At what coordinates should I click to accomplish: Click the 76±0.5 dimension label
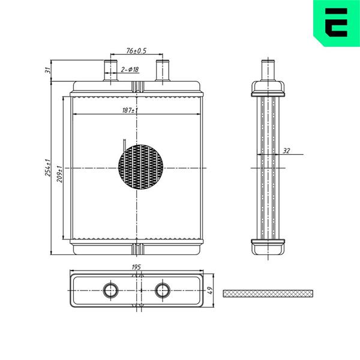[x=136, y=51]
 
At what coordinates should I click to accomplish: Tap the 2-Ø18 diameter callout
[x=130, y=70]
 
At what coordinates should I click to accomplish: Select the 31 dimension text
[x=47, y=70]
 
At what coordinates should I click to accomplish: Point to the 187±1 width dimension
[x=130, y=110]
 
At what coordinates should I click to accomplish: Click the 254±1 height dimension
[x=47, y=167]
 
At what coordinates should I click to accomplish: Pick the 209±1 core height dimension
[x=59, y=174]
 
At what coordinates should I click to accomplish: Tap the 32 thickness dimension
[x=286, y=151]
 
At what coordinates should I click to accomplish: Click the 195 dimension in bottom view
[x=136, y=267]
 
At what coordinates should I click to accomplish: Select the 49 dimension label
[x=210, y=290]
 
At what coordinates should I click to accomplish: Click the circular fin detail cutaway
[x=141, y=167]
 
